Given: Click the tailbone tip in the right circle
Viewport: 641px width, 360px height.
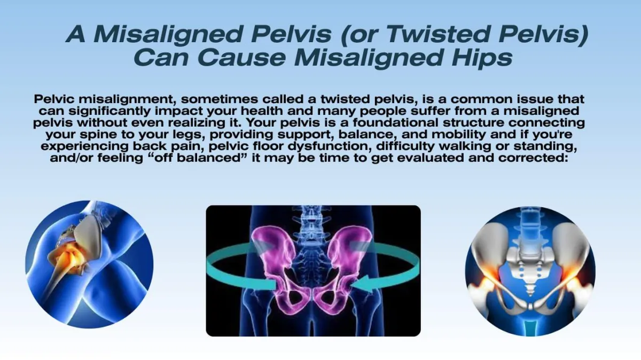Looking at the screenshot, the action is (530, 295).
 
